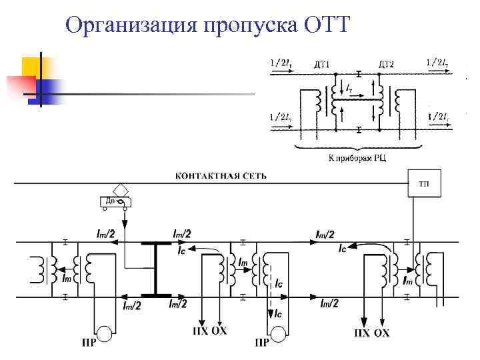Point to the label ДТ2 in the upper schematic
pyautogui.click(x=386, y=64)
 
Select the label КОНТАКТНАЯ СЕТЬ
pyautogui.click(x=221, y=176)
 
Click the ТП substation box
pyautogui.click(x=424, y=183)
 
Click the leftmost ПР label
pyautogui.click(x=87, y=343)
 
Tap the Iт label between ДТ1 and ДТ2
pyautogui.click(x=349, y=87)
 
